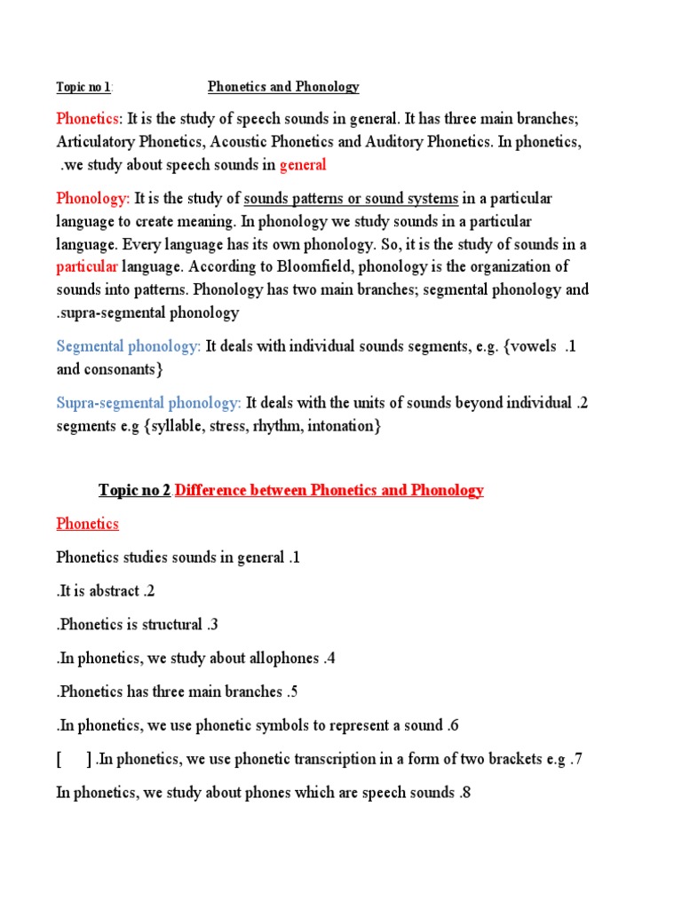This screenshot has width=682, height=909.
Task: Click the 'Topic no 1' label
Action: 83,87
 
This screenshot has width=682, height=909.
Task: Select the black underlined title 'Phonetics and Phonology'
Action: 283,87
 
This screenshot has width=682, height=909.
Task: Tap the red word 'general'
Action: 303,164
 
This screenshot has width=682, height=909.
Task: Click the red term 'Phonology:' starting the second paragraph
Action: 93,198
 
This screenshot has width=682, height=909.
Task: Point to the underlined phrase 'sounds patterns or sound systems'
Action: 351,198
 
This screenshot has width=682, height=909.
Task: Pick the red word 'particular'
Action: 87,266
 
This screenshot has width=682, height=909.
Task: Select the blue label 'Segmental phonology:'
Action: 129,346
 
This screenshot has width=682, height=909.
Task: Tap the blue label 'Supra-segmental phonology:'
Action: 148,403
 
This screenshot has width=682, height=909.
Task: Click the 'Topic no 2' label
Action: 134,491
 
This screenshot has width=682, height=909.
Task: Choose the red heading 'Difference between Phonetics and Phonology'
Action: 329,491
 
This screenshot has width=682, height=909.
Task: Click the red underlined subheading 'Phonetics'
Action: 87,524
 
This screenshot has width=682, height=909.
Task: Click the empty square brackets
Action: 74,759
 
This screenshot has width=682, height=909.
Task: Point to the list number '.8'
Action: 464,793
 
